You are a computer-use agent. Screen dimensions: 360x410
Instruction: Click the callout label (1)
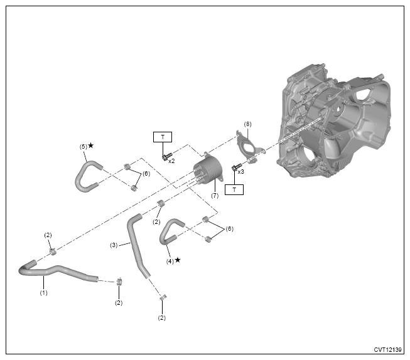(x=43, y=292)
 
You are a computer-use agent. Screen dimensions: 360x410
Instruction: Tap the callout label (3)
(x=114, y=245)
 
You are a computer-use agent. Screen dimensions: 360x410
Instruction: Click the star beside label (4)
(x=178, y=259)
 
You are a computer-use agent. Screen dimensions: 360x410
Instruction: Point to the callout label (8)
(x=247, y=124)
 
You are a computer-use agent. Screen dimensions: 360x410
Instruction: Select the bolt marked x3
(x=236, y=169)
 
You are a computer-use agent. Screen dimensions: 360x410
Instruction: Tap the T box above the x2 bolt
(x=163, y=137)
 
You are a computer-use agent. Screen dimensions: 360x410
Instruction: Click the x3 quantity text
(x=242, y=171)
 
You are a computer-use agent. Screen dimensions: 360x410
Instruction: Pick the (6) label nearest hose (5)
(x=146, y=173)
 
